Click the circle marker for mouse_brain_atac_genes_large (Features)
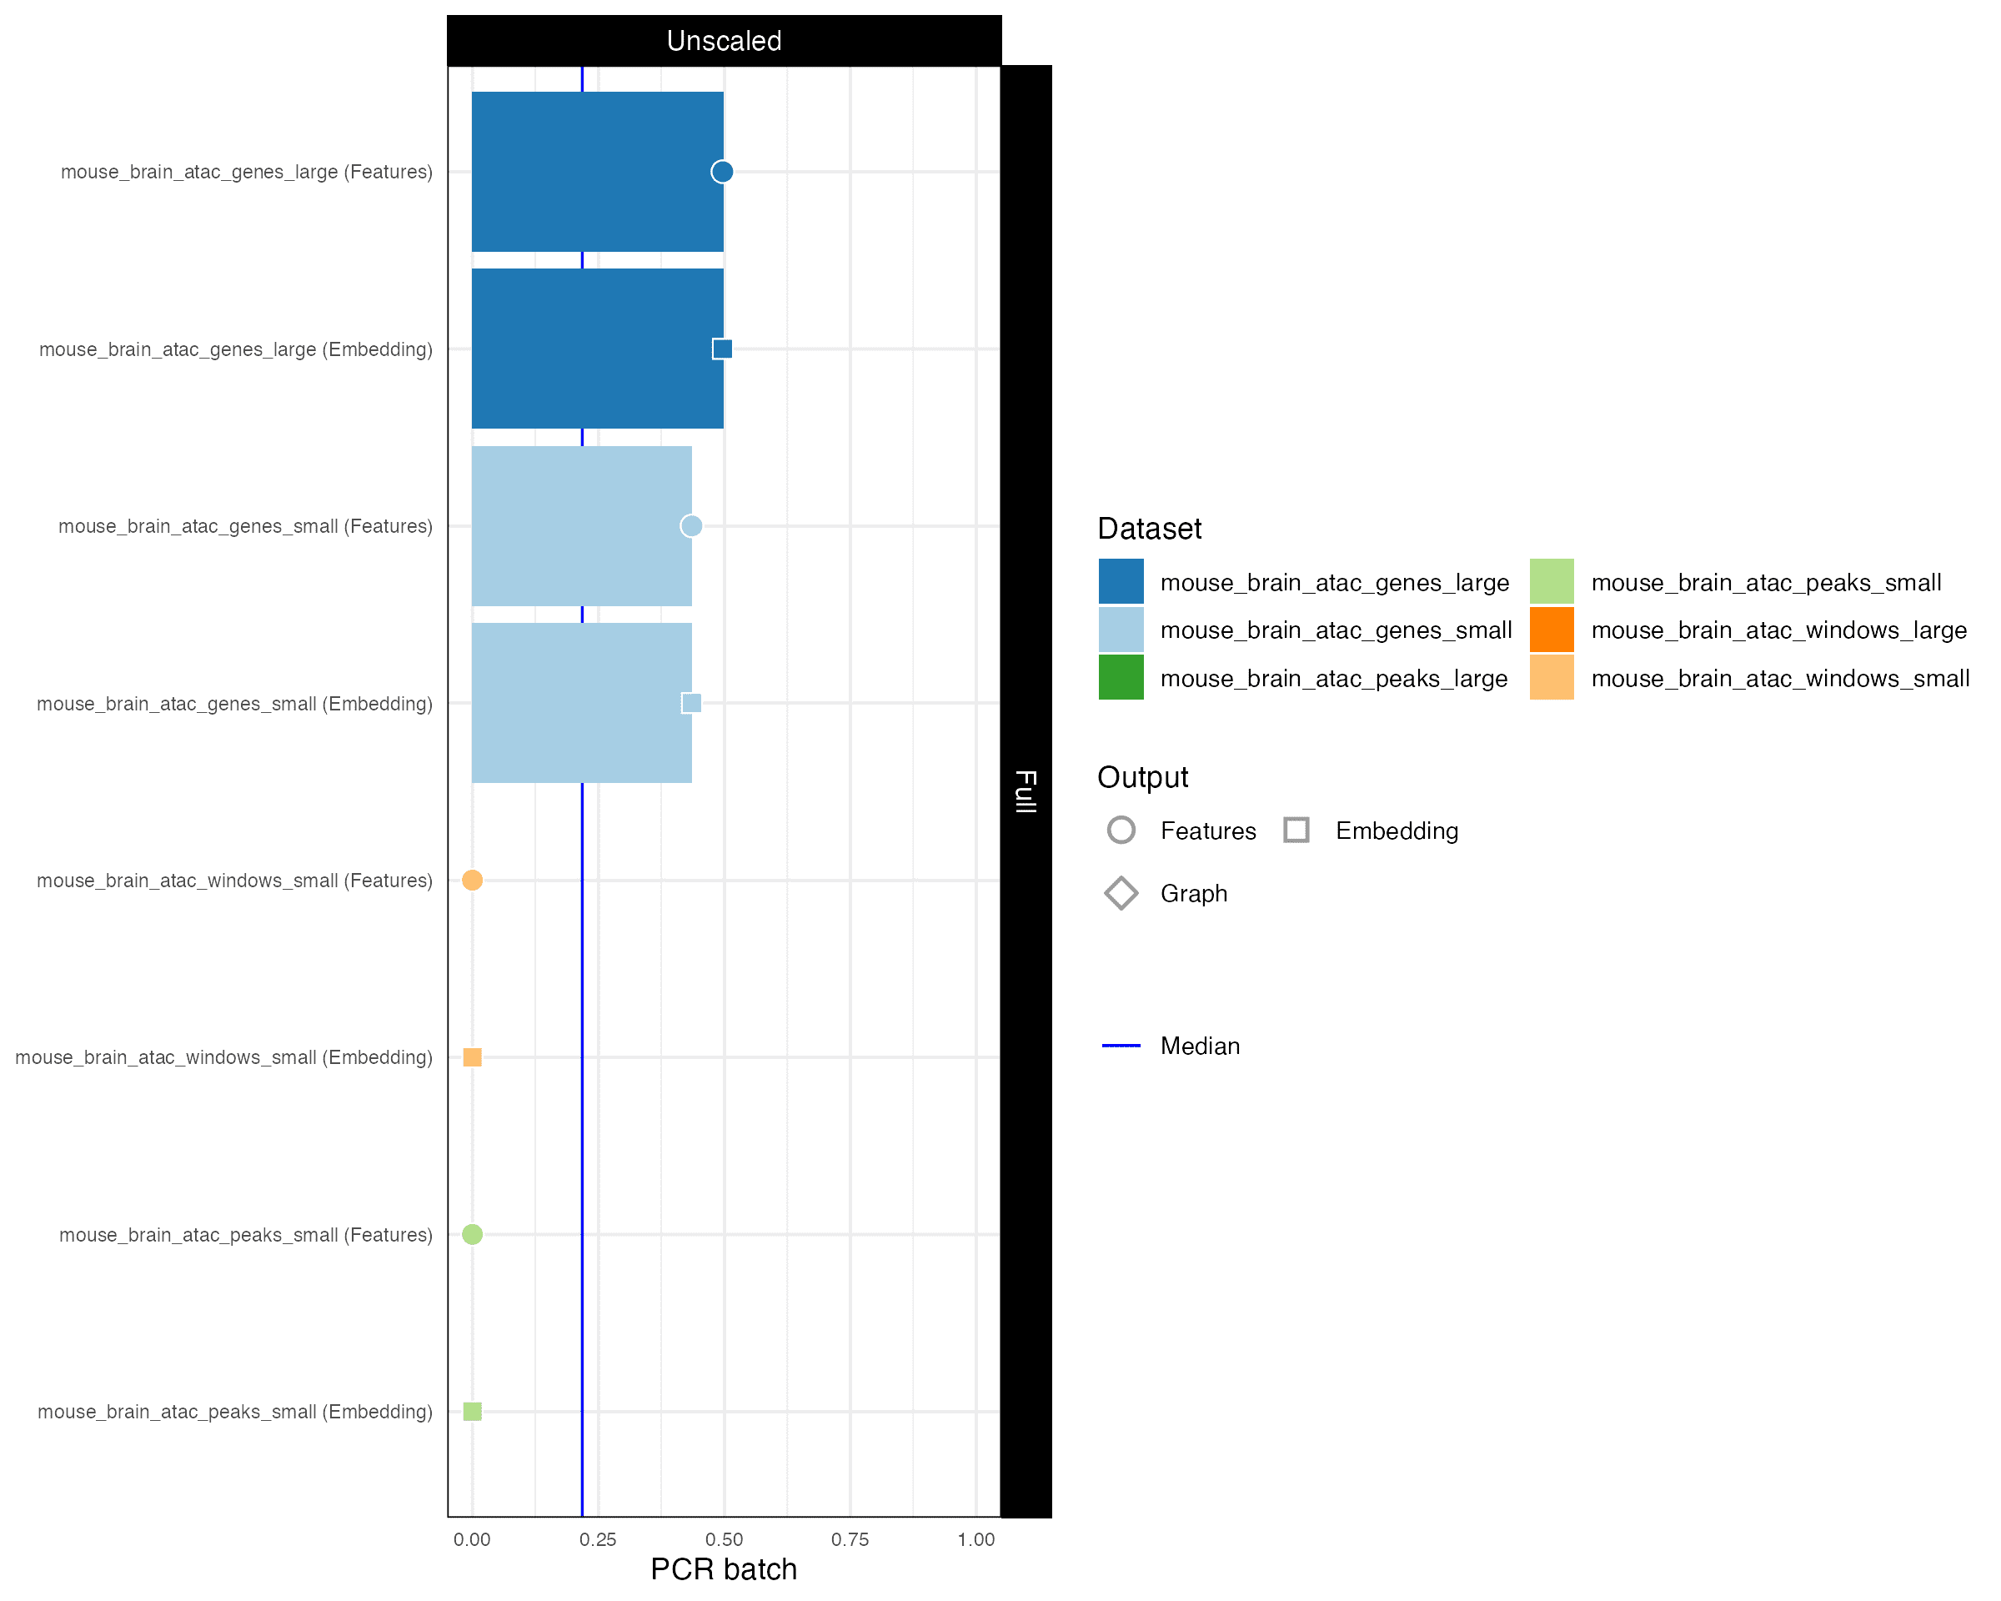722,172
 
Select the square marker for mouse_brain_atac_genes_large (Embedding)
722,349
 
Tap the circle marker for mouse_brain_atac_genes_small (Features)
691,526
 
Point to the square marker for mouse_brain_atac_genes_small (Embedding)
691,703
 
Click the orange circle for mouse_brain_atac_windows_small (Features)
473,880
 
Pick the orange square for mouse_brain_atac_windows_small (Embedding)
473,1057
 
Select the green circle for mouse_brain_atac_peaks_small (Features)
473,1234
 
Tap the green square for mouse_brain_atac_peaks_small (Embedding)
473,1412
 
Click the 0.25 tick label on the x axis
598,1540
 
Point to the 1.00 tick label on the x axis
976,1540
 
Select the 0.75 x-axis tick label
850,1540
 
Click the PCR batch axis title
724,1569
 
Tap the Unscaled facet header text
724,41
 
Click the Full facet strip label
1026,791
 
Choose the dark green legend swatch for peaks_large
1121,678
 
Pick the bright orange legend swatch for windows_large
1552,630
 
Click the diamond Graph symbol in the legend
1121,894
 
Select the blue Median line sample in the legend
1121,1046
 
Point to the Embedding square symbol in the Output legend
1296,830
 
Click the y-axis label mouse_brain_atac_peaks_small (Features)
246,1235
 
